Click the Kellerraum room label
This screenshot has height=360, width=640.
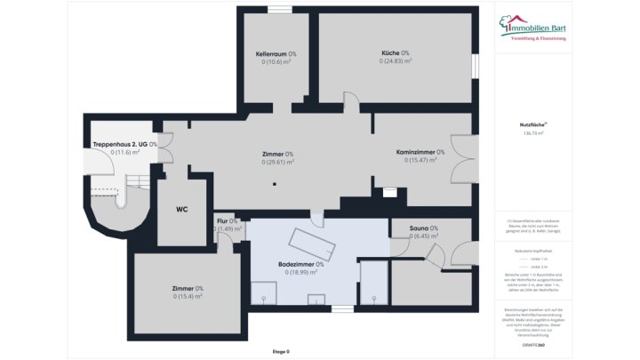click(276, 54)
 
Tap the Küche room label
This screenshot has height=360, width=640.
click(395, 53)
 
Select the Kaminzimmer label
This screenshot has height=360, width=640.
click(420, 152)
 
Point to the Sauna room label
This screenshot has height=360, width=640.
click(423, 228)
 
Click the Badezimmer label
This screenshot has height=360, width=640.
click(300, 264)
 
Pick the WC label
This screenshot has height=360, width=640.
click(181, 210)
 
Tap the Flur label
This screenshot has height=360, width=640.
click(226, 220)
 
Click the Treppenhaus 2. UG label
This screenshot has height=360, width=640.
click(125, 144)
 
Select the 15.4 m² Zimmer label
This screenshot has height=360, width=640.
click(188, 289)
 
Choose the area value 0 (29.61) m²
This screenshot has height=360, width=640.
click(277, 163)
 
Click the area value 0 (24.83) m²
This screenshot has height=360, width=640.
click(395, 61)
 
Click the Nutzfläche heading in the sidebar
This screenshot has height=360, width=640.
click(532, 125)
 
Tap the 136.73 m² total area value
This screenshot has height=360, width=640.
click(532, 133)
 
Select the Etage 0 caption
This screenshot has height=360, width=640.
click(281, 351)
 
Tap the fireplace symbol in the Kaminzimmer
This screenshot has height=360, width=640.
click(389, 190)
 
